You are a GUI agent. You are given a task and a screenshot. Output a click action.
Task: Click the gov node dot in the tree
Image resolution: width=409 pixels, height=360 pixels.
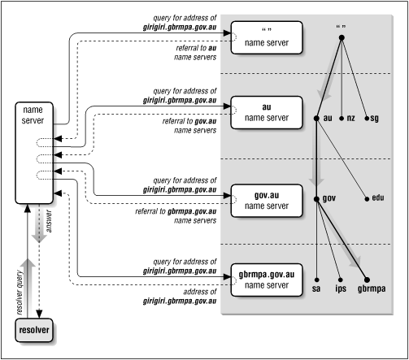point(315,198)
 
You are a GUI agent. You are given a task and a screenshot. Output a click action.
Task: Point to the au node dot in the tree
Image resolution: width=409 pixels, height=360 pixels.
point(315,119)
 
